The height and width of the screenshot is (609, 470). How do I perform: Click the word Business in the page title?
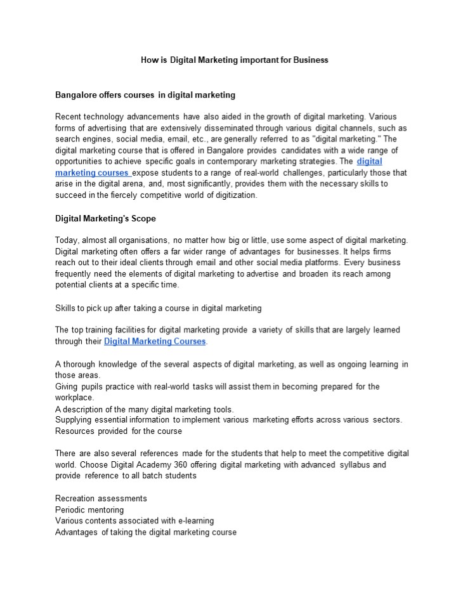coord(311,60)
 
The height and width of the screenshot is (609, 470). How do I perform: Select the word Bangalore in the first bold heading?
coord(75,95)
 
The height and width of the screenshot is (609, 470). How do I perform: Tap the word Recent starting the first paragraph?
coord(69,117)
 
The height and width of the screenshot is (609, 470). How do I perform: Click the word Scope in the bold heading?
coord(143,219)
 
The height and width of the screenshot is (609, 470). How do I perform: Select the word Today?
coord(65,240)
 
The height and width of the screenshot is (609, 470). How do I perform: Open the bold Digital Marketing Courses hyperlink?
coord(155,341)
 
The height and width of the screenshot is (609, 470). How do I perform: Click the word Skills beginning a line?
coord(65,308)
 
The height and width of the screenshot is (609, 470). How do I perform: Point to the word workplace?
coord(74,398)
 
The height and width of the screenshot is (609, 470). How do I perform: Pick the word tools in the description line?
coord(223,409)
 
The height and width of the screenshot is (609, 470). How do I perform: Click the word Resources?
coord(75,431)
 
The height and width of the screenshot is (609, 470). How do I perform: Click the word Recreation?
coord(77,499)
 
